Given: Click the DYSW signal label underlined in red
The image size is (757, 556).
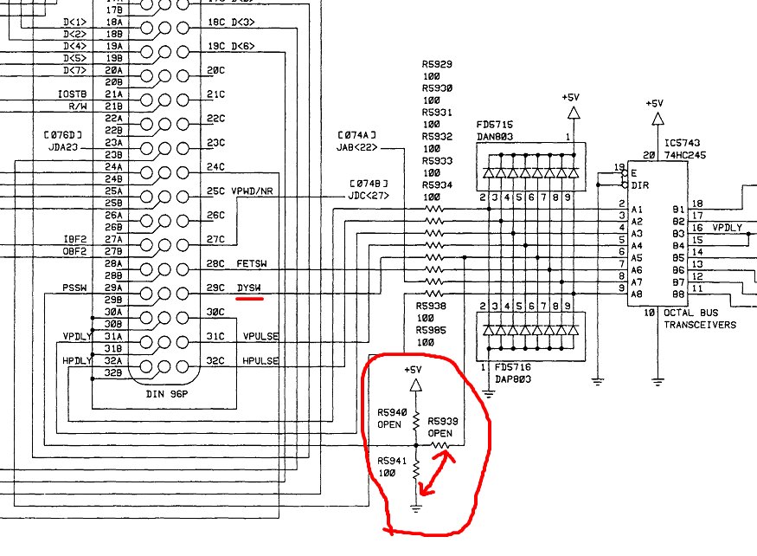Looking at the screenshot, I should (249, 288).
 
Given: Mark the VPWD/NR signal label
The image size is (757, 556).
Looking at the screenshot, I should (253, 191).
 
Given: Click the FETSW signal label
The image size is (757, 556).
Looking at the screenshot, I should (252, 263).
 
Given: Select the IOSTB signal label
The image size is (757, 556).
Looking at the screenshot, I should (73, 94).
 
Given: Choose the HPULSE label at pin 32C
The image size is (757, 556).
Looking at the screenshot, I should (260, 360).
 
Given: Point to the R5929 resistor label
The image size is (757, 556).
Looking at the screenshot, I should (437, 65).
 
